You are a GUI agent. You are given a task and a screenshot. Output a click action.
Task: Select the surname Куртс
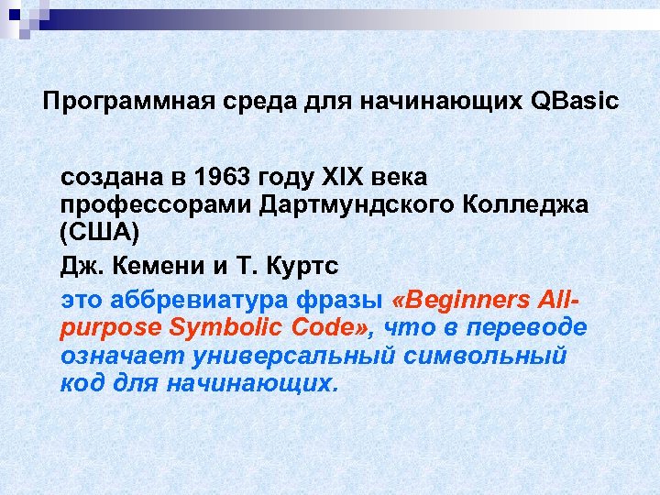(x=302, y=267)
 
